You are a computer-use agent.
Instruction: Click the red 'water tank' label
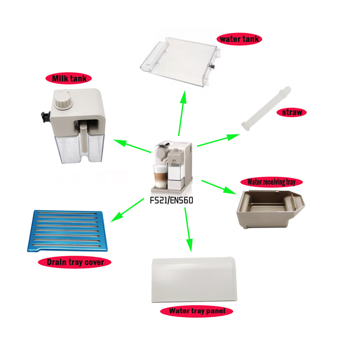239,39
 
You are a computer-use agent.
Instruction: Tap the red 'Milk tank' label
69,78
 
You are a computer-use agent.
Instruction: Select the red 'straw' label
292,112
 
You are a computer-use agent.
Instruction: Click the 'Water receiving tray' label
271,182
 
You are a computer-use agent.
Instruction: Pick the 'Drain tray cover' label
75,262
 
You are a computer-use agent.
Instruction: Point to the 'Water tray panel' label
197,311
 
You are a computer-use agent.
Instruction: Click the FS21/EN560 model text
171,200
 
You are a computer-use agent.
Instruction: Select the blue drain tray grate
67,230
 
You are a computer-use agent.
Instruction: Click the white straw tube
266,108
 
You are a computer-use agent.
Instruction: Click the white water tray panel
194,279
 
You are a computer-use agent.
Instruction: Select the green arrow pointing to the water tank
182,113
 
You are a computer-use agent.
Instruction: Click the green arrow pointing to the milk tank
132,146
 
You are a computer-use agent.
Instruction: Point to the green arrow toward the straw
218,140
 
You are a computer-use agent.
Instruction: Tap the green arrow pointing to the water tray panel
189,230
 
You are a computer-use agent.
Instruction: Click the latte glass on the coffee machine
160,176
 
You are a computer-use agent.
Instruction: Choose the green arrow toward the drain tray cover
127,210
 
